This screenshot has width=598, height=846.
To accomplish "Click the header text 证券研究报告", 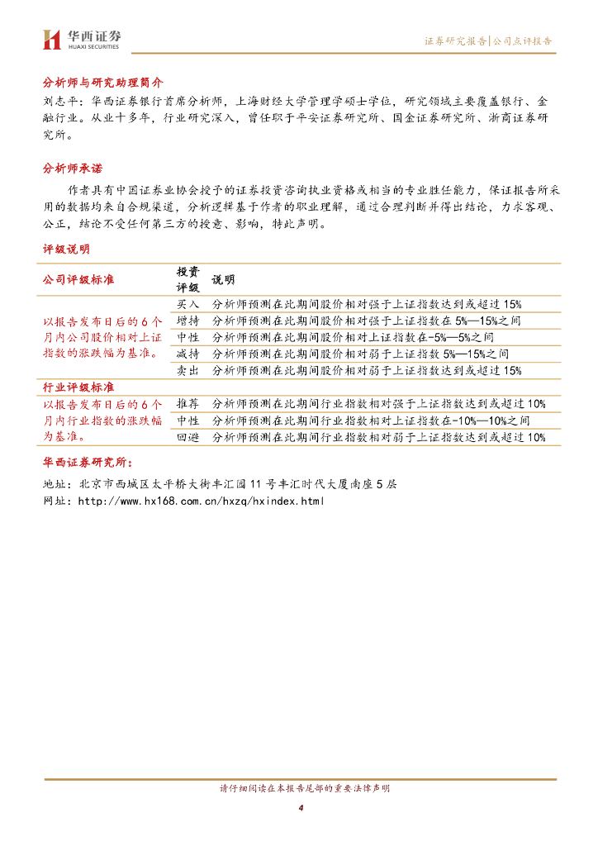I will point(455,40).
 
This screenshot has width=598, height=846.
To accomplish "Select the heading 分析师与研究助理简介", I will point(103,83).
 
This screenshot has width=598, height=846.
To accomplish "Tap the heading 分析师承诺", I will point(73,168).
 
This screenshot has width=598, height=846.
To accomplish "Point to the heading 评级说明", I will point(67,249).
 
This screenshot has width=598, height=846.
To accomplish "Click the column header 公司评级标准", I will point(78,279).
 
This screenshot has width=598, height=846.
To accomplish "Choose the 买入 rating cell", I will point(188,304).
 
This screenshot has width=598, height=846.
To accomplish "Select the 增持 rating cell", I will point(188,321).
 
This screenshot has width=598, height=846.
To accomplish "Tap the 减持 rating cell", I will point(188,354).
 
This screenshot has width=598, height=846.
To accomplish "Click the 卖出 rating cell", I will point(188,370).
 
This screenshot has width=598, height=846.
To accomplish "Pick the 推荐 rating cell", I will point(188,404).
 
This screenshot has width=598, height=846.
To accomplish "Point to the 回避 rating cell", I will point(188,437).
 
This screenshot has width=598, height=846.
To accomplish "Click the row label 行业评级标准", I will point(78,387).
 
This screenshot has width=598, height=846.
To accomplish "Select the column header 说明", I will point(223,279).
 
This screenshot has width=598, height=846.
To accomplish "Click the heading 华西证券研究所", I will point(87,463).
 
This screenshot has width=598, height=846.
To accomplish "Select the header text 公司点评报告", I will point(523,40).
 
